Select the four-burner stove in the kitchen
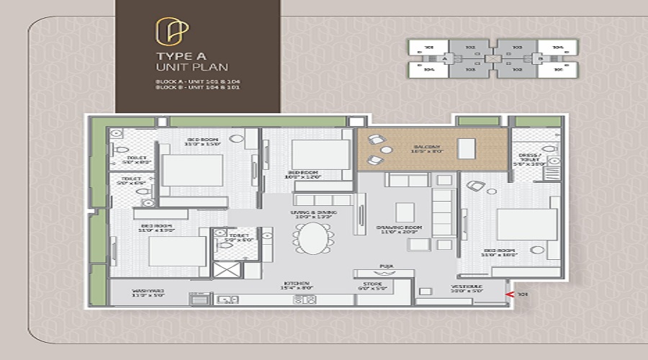coord(304,300)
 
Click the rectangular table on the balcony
coord(467,148)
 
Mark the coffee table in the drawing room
coord(405,212)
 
